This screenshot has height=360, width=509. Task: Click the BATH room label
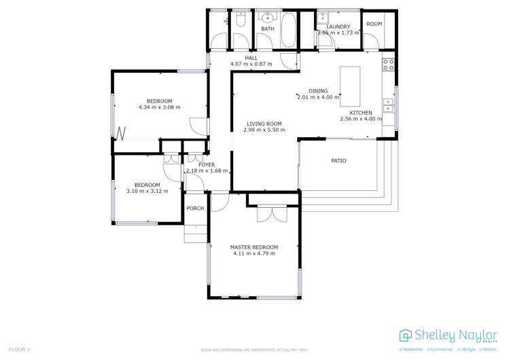(267, 29)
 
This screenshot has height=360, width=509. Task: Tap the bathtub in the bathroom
(289, 30)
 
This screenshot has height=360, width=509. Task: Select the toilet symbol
(239, 22)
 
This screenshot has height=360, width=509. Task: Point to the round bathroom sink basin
(268, 18)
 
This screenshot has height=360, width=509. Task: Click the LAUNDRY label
(338, 27)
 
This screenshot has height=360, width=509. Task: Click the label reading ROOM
(374, 24)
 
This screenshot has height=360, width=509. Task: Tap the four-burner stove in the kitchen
(388, 65)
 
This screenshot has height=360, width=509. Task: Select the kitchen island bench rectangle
(350, 84)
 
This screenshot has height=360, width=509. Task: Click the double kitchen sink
(388, 105)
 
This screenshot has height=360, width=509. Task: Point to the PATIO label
(338, 161)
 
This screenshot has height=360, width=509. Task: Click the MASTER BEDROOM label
(254, 247)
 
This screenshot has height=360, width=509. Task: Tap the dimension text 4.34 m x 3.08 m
(159, 107)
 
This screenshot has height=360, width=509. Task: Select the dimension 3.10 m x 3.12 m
(147, 192)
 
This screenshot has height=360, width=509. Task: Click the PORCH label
(195, 209)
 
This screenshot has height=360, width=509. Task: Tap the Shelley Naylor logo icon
(406, 335)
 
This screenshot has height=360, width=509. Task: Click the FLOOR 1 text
(20, 349)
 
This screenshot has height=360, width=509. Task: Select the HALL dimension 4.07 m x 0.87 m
(251, 64)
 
